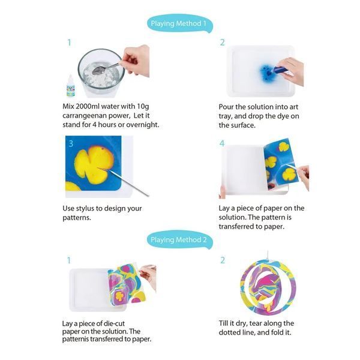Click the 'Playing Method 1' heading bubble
point(179,23)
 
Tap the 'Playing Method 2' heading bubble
point(179,239)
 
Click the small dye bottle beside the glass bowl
point(70,86)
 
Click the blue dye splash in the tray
point(267,73)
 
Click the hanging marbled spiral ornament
point(268,287)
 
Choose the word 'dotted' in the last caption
point(230,332)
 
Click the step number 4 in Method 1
point(222,143)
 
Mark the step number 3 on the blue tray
point(71,144)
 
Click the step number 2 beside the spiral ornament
point(223,260)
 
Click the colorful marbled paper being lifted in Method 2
point(127,285)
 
